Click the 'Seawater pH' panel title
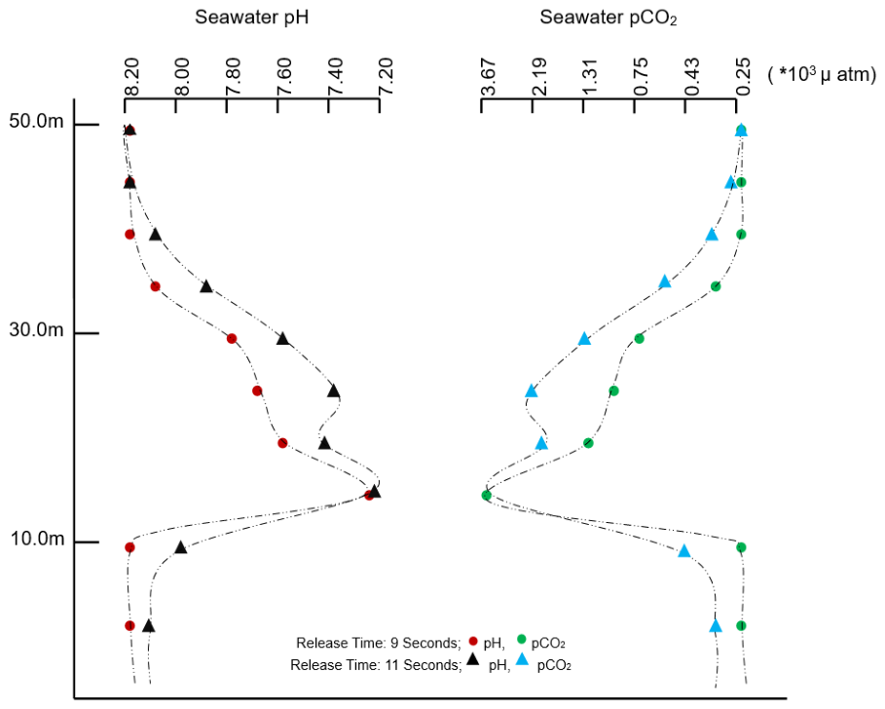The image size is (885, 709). pyautogui.click(x=252, y=18)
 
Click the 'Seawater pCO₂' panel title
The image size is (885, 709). pyautogui.click(x=608, y=18)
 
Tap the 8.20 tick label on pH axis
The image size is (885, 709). pyautogui.click(x=131, y=77)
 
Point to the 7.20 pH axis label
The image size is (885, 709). pyautogui.click(x=387, y=77)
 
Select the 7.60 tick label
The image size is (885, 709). pyautogui.click(x=284, y=77)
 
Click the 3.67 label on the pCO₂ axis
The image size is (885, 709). pyautogui.click(x=488, y=77)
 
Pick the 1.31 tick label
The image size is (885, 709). pyautogui.click(x=590, y=77)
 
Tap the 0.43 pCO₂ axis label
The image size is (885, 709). pyautogui.click(x=692, y=77)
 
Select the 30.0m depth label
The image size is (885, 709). pyautogui.click(x=37, y=329)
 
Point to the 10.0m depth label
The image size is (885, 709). pyautogui.click(x=38, y=539)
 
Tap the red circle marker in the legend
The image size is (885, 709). pyautogui.click(x=473, y=641)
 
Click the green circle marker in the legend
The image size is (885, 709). pyautogui.click(x=521, y=640)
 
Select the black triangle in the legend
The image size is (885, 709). pyautogui.click(x=473, y=658)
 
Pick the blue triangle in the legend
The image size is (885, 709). pyautogui.click(x=522, y=658)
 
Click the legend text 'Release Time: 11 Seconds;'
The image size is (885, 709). pyautogui.click(x=376, y=665)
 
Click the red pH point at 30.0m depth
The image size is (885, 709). pyautogui.click(x=232, y=339)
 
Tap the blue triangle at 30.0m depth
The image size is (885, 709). pyautogui.click(x=585, y=339)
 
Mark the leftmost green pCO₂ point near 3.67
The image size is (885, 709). pyautogui.click(x=487, y=495)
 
